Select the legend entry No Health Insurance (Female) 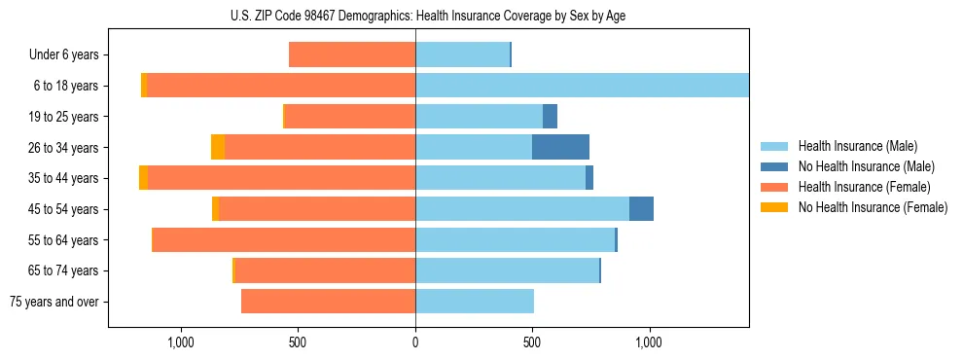(x=873, y=207)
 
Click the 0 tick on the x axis (x=415, y=342)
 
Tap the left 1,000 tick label (x=181, y=342)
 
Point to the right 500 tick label (x=532, y=342)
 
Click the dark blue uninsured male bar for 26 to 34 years (x=560, y=147)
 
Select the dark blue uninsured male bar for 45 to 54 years (x=641, y=209)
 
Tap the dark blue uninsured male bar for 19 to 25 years (x=550, y=117)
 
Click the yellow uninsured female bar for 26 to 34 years (x=218, y=147)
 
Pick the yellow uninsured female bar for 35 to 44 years (x=143, y=178)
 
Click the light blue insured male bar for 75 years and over (x=475, y=302)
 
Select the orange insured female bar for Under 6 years (x=352, y=55)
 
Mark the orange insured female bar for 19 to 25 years (x=350, y=117)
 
